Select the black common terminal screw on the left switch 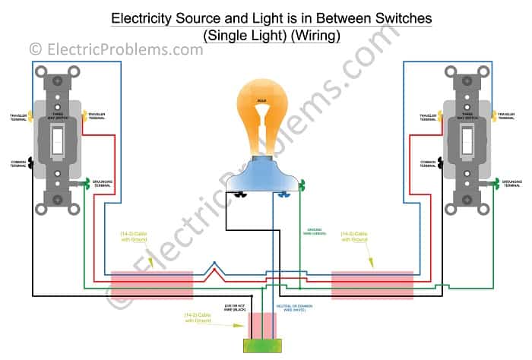click(30, 163)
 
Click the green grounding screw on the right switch click(496, 182)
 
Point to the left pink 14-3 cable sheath click(153, 285)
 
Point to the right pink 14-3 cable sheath click(372, 285)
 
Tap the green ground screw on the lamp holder click(302, 185)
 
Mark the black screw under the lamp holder click(242, 194)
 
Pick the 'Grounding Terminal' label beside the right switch click(512, 183)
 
